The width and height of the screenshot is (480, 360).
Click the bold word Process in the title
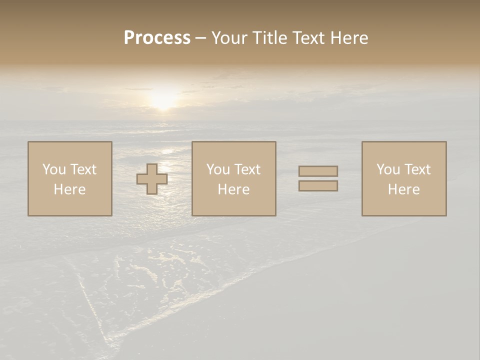[157, 38]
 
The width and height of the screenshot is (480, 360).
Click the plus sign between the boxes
[152, 179]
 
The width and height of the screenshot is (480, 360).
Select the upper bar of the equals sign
[318, 171]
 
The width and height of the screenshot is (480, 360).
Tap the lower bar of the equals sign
[318, 186]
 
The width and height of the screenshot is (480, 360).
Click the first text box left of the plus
[70, 178]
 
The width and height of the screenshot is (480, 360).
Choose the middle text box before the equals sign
[233, 178]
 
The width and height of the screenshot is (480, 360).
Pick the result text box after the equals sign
[404, 178]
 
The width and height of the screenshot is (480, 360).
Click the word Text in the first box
[82, 169]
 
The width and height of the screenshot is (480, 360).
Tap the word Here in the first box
[69, 189]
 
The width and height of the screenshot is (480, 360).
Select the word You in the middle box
[218, 169]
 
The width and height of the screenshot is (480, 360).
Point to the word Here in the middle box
[233, 189]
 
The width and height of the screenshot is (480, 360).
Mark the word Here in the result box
[403, 189]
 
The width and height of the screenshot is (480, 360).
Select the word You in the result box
[388, 169]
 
